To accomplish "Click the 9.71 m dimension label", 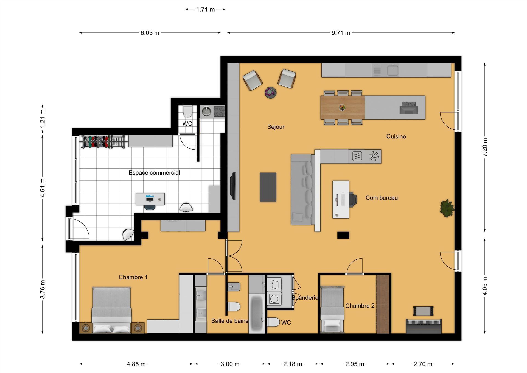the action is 341,33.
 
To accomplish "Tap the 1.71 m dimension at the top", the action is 205,9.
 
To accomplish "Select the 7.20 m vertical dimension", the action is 485,147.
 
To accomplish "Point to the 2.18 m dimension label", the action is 293,364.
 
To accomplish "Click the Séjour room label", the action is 276,127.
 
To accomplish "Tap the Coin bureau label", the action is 382,198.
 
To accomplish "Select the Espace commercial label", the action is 154,173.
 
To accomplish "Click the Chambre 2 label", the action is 360,306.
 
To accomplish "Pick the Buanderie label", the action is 305,298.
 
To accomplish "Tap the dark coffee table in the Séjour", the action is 268,187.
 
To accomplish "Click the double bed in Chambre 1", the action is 112,310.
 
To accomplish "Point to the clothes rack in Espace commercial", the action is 103,142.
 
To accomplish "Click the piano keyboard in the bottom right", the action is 424,326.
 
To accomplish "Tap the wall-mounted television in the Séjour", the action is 234,186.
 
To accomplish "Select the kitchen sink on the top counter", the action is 393,70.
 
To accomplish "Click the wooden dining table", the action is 343,107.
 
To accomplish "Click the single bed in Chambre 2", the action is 332,310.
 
